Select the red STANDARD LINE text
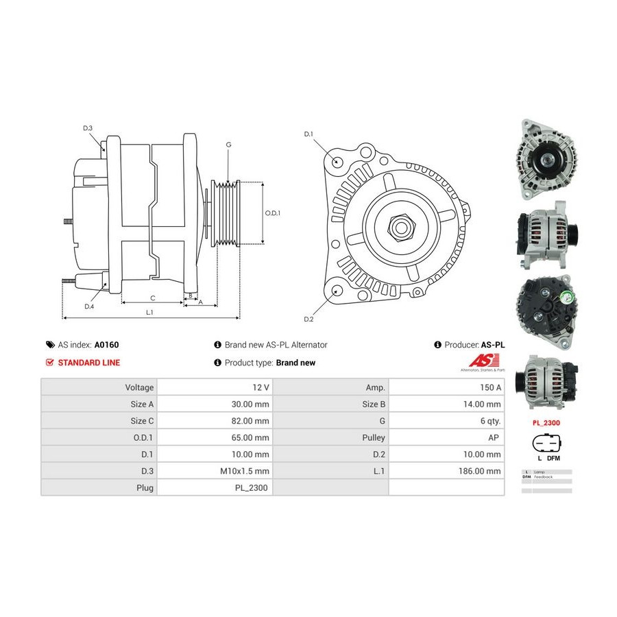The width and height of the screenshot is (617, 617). coord(88,363)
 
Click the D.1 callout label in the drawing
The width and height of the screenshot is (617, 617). coord(308,134)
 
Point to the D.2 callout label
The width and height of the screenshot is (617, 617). coord(308,319)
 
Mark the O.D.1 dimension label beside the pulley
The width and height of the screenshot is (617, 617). coord(273,213)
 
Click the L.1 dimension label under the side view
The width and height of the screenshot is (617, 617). coord(149,313)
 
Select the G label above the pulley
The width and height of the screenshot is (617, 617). coord(228,145)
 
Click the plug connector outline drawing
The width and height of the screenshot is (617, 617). coord(546,444)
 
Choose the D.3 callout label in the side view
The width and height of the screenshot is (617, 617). coord(88,128)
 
